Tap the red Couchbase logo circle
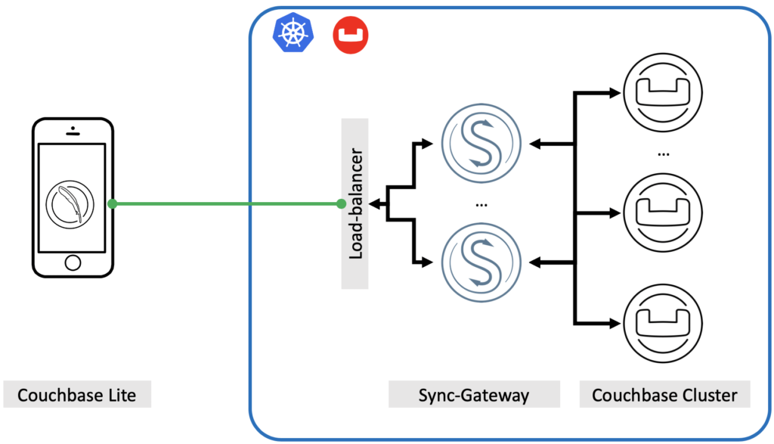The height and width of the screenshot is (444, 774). [x=350, y=35]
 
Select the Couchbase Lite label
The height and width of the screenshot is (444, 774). [x=76, y=395]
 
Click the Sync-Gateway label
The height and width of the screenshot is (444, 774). [x=474, y=395]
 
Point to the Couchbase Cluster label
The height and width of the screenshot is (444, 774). [x=664, y=395]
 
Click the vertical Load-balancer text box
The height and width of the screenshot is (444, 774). [x=355, y=203]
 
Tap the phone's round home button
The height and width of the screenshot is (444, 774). [x=72, y=262]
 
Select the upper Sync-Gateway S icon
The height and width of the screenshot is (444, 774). [x=481, y=141]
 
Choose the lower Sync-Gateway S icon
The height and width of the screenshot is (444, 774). [x=481, y=262]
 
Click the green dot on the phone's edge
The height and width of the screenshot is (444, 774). [x=112, y=203]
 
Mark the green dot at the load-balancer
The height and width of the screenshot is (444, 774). [x=341, y=203]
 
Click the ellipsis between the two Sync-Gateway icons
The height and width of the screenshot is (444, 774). [x=481, y=203]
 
